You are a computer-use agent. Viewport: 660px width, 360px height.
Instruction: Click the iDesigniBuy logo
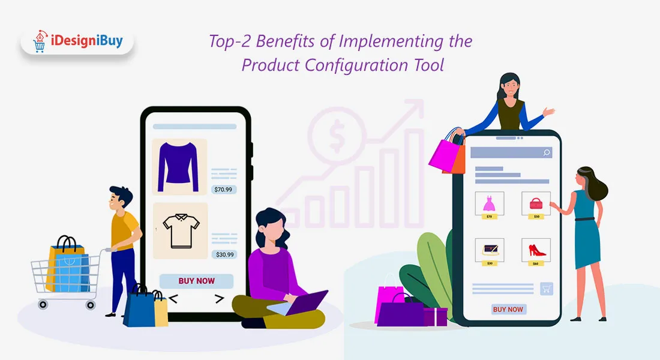tap(78, 41)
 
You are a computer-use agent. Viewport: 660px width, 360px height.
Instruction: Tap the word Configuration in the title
tap(356, 65)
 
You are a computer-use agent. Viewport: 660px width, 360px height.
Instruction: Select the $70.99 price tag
tap(224, 190)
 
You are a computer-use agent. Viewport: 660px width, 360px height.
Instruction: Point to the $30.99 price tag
tap(224, 254)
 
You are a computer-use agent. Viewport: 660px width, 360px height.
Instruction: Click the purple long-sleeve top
tap(178, 167)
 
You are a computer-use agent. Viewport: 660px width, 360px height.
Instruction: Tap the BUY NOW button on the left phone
tap(196, 281)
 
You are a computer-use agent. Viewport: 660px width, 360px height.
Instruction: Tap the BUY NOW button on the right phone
tap(508, 310)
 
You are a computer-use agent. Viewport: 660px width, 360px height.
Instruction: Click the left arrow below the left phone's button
tap(173, 299)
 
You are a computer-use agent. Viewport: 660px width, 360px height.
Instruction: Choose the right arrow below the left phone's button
tap(219, 299)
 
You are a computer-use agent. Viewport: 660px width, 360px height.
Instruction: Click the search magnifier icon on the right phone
tap(547, 152)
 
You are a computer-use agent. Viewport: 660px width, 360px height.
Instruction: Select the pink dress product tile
tap(490, 205)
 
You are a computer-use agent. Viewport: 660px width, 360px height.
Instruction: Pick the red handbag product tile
tap(536, 205)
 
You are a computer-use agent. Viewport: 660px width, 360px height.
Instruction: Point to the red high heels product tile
tap(536, 252)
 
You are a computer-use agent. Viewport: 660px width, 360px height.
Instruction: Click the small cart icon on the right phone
tap(547, 289)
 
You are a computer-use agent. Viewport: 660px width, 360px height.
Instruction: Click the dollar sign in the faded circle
tap(337, 136)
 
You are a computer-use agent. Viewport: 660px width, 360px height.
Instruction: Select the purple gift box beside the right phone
tap(435, 317)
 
